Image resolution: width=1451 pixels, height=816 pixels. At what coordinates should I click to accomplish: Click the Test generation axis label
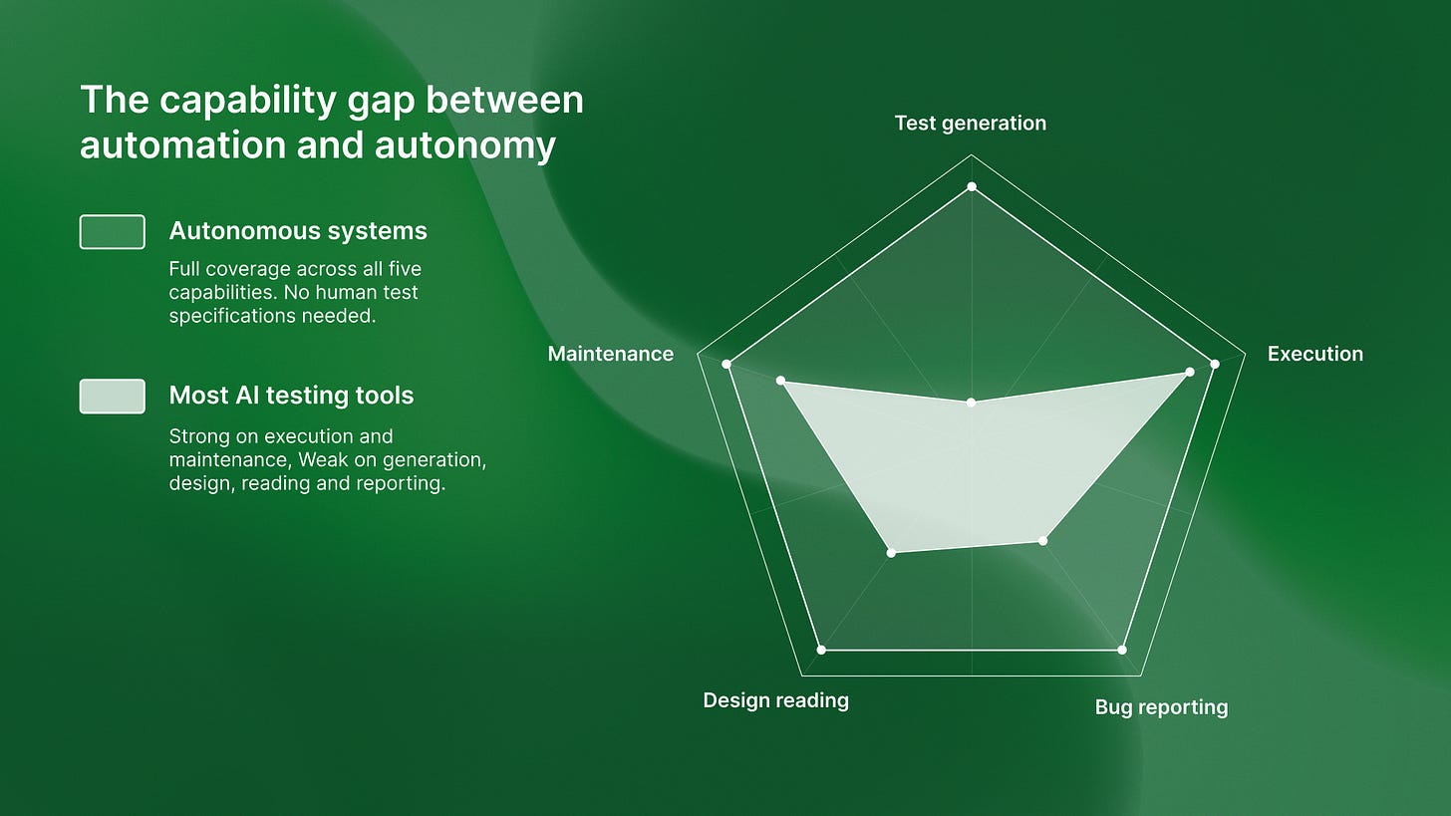(x=970, y=123)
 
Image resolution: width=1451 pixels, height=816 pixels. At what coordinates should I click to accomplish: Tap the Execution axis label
(x=1314, y=354)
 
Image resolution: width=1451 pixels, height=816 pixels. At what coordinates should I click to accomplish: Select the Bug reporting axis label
(x=1161, y=707)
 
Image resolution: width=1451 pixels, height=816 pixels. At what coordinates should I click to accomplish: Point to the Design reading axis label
(x=775, y=700)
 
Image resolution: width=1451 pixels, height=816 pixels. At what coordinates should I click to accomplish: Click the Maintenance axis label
(x=610, y=354)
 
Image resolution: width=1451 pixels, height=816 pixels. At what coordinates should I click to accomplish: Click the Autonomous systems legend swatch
(x=112, y=231)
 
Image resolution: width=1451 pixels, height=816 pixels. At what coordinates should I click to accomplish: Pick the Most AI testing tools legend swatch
(x=112, y=396)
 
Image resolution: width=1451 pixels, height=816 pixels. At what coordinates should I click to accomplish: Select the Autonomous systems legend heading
(x=298, y=231)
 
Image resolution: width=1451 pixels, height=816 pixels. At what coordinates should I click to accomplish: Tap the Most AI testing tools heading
(x=291, y=396)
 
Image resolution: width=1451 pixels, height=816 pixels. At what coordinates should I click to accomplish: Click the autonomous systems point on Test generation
(x=972, y=187)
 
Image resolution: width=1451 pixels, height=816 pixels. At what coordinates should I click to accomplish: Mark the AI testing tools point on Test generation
(x=972, y=402)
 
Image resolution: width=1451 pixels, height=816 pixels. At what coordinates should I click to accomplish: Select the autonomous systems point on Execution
(x=1215, y=365)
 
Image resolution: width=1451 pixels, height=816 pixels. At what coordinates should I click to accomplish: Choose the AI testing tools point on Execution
(x=1190, y=372)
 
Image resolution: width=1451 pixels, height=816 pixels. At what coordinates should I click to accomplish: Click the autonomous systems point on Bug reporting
(x=1122, y=650)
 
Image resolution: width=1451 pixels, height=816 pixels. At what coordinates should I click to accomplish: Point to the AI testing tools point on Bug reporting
(x=1043, y=541)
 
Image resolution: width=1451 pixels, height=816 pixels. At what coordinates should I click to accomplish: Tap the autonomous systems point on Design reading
(x=821, y=650)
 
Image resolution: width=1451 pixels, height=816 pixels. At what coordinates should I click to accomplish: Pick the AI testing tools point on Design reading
(x=892, y=551)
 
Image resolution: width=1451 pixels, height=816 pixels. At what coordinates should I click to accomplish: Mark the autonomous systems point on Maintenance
(x=726, y=365)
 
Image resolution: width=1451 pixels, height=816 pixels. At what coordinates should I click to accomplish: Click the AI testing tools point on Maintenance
(x=780, y=381)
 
